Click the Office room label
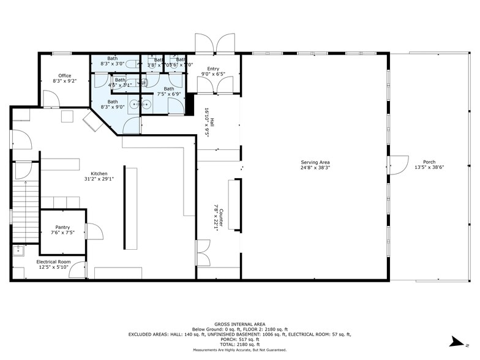(x=65, y=76)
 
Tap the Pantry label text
(x=62, y=228)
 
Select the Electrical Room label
(x=53, y=262)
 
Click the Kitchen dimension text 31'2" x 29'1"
(x=99, y=179)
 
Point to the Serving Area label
(x=315, y=162)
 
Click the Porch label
(x=429, y=162)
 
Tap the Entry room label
(x=213, y=69)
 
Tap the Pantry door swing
(x=94, y=231)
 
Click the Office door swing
(x=51, y=99)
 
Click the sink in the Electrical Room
(x=18, y=250)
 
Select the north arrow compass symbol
(x=456, y=340)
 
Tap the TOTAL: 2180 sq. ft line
(x=239, y=345)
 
